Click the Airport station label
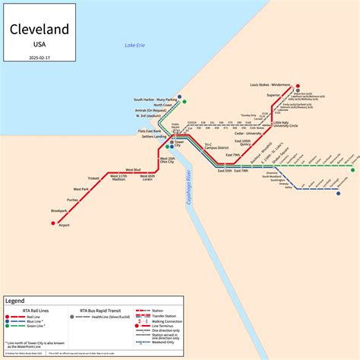tap(64, 226)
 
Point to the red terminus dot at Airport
tap(54, 223)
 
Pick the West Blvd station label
tap(133, 169)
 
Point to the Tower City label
tap(178, 144)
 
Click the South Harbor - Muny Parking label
tap(155, 99)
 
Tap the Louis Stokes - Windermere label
tap(270, 86)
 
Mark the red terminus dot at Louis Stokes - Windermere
tap(298, 86)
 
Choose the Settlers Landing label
tap(154, 137)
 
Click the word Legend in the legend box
tap(16, 301)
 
